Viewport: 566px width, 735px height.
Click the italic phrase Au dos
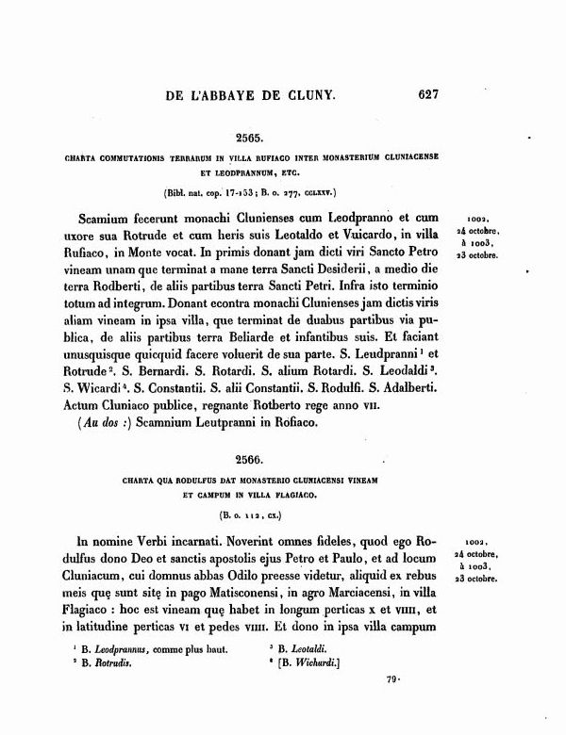(x=93, y=448)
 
